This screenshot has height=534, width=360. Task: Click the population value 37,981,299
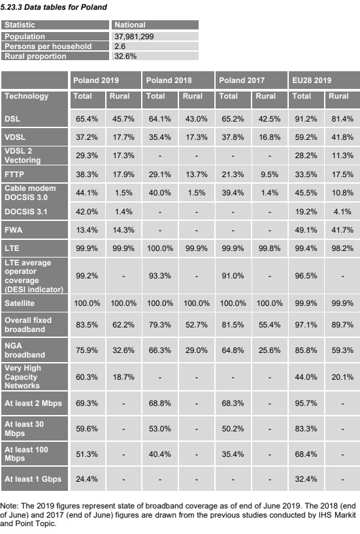pos(134,37)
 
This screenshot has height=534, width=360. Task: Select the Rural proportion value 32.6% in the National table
pos(125,56)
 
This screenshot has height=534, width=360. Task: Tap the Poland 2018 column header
pos(169,80)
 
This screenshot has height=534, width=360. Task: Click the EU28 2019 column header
pos(312,80)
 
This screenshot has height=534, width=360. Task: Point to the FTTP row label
pos(14,175)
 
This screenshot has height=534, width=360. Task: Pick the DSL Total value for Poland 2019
pos(87,119)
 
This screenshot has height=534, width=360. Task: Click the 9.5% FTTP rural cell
pos(269,175)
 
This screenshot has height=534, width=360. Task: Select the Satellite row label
pos(20,303)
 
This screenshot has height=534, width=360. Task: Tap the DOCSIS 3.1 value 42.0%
pos(87,212)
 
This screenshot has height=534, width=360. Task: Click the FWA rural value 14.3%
pos(123,230)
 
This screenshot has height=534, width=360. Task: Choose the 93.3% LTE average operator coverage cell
pos(159,276)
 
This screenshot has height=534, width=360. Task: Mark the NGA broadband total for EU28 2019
pos(306,350)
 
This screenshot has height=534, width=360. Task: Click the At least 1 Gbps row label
pos(33,479)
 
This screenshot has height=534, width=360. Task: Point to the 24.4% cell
pos(87,479)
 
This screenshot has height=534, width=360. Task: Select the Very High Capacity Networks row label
pos(23,376)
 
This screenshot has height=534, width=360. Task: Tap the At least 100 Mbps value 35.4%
pos(233,454)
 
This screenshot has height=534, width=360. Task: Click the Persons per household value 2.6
pos(120,46)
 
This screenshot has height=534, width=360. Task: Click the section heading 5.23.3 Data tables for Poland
pos(54,7)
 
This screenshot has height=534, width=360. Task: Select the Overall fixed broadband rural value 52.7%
pos(197,325)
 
